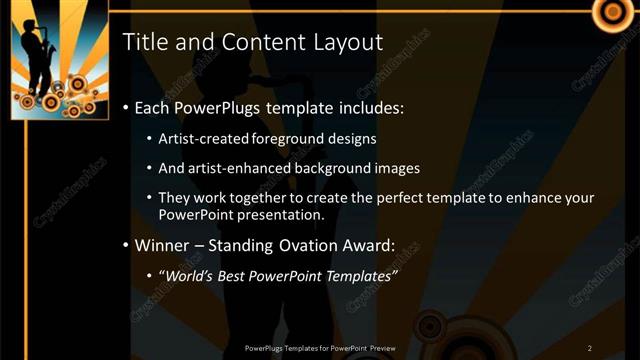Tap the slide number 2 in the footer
click(589, 348)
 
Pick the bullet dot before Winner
click(124, 245)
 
